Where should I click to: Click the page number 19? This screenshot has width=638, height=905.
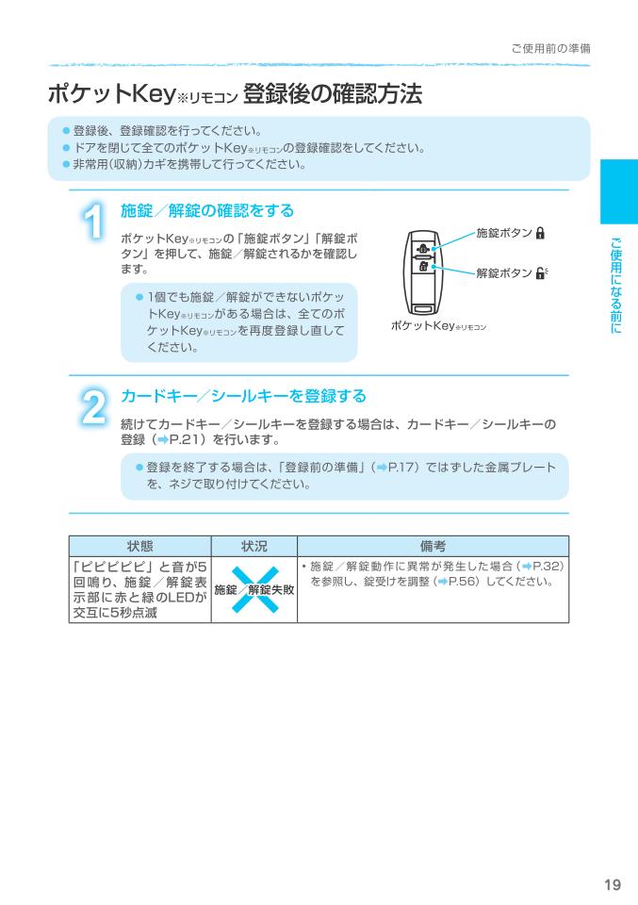pyautogui.click(x=612, y=883)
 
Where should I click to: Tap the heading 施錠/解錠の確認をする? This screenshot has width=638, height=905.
pyautogui.click(x=207, y=209)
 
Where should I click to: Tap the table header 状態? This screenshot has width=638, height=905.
pyautogui.click(x=141, y=546)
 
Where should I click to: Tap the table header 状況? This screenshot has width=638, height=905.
pyautogui.click(x=254, y=546)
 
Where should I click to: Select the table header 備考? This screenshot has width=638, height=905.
pyautogui.click(x=433, y=546)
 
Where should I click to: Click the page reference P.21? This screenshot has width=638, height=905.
pyautogui.click(x=188, y=439)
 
